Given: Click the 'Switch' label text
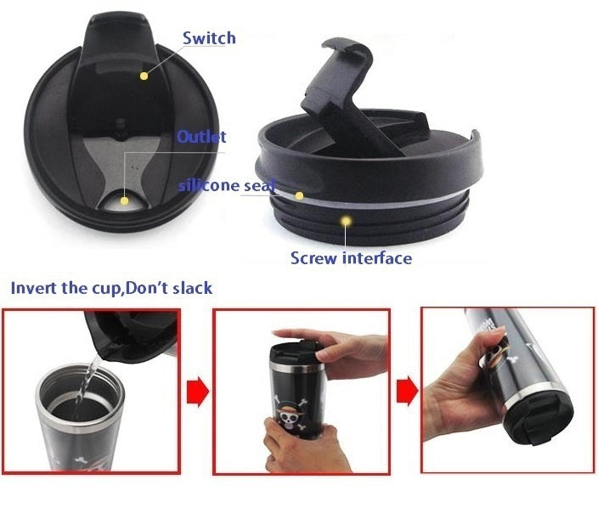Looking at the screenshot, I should (x=209, y=38).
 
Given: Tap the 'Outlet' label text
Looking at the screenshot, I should (x=201, y=137).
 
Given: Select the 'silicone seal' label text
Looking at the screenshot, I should (x=227, y=185).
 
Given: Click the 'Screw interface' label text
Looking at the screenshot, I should (x=351, y=257).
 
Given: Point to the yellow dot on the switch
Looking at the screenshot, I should (x=144, y=76).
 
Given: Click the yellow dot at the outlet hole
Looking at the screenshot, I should (x=125, y=201).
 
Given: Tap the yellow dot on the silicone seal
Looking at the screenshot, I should (x=299, y=195).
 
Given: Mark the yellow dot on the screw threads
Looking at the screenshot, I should (x=345, y=221).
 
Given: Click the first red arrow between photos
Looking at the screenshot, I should (x=197, y=392).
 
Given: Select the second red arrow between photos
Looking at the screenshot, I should (x=407, y=392).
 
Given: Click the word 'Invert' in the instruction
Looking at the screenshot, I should (x=32, y=287).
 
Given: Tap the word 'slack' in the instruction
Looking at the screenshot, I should (x=189, y=287).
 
